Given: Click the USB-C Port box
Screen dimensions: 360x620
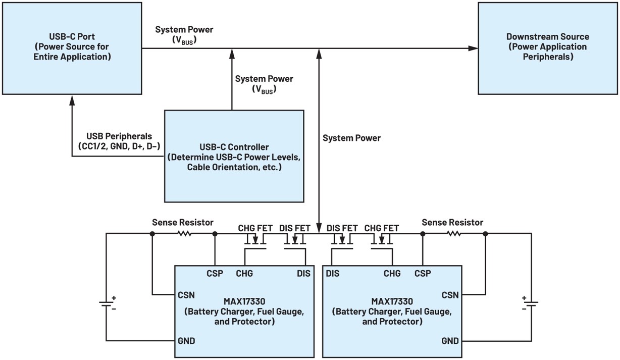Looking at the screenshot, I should [x=72, y=48].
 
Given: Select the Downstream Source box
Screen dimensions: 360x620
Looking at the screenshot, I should [x=547, y=48].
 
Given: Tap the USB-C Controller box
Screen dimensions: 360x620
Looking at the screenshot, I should [x=234, y=156].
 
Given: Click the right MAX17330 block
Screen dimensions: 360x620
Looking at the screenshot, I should [x=392, y=311].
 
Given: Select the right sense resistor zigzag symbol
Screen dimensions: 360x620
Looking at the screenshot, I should [x=454, y=234].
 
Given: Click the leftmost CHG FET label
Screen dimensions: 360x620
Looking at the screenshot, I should [x=256, y=228].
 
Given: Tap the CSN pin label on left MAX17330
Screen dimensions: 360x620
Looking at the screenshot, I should [x=186, y=295].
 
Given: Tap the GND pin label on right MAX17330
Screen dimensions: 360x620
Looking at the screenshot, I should [x=449, y=341].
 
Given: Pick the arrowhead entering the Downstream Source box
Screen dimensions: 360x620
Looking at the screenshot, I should [x=473, y=48].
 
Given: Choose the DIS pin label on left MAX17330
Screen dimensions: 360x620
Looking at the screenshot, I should [x=303, y=274].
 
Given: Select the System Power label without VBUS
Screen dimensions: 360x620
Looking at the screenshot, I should [x=351, y=138].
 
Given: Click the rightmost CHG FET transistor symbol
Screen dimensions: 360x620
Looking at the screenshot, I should [x=383, y=241].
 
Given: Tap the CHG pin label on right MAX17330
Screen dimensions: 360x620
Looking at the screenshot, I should [x=392, y=274].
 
